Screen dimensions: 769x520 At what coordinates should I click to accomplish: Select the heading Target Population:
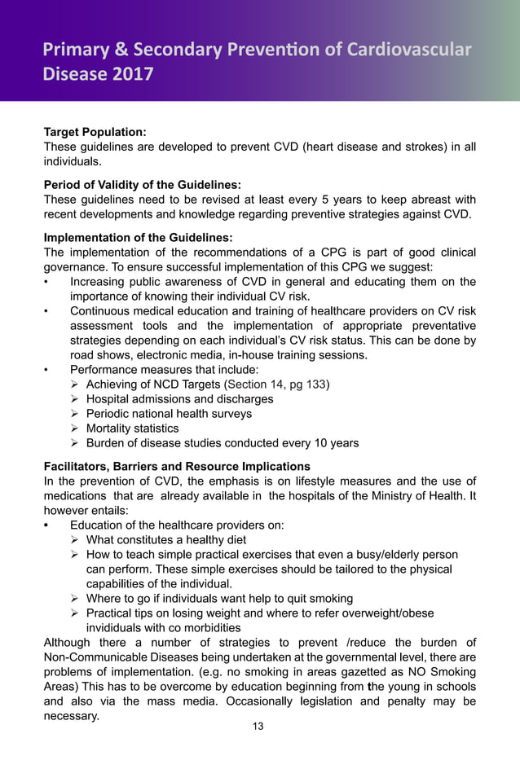pyautogui.click(x=95, y=131)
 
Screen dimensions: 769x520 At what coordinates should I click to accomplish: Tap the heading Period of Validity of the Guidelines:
pyautogui.click(x=142, y=184)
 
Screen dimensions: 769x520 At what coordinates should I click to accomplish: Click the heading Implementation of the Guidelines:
pyautogui.click(x=138, y=237)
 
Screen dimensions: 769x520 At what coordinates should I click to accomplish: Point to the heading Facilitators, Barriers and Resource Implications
pyautogui.click(x=176, y=467)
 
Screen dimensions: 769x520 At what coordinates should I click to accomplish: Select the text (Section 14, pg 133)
pyautogui.click(x=277, y=384)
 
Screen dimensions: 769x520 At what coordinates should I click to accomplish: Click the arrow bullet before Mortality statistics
pyautogui.click(x=75, y=428)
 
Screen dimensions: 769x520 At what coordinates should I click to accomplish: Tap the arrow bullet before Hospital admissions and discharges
pyautogui.click(x=75, y=399)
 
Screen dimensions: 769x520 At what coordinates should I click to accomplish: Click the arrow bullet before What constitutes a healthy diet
pyautogui.click(x=75, y=540)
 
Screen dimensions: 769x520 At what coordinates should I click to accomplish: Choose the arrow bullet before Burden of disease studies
pyautogui.click(x=75, y=443)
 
